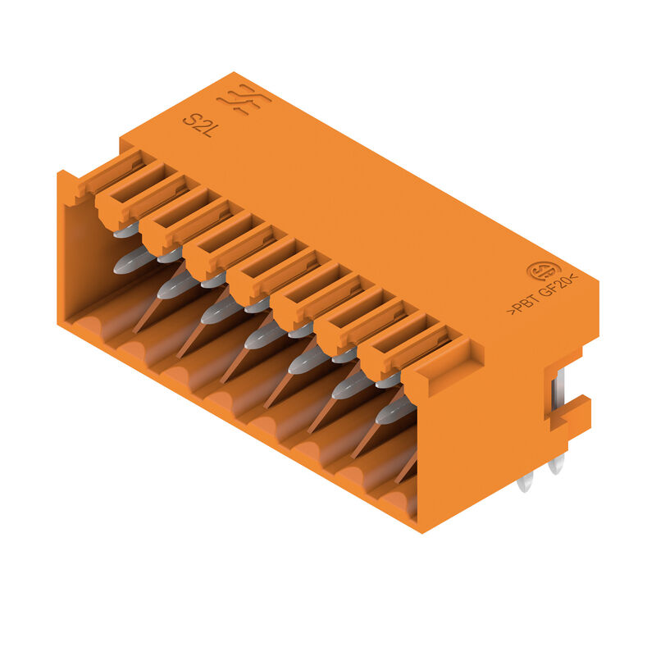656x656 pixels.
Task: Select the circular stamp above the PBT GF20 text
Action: tap(542, 271)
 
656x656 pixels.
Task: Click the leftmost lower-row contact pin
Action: tap(130, 261)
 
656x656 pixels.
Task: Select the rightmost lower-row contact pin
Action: tap(394, 410)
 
